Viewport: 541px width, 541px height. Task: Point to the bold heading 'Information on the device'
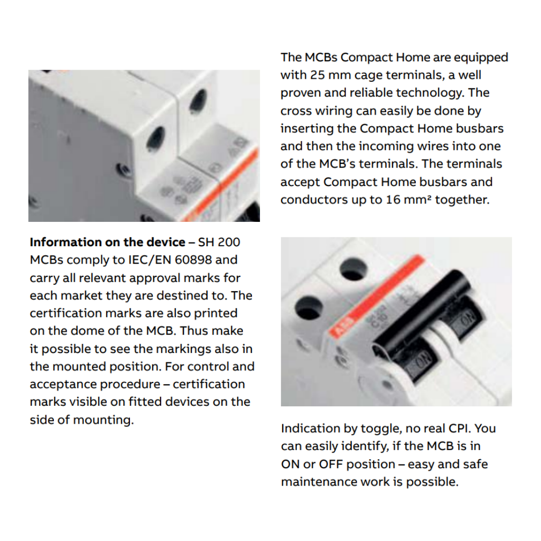click(107, 242)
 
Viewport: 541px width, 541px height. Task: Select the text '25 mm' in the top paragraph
click(323, 75)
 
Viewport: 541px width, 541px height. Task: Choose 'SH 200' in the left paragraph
click(219, 242)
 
